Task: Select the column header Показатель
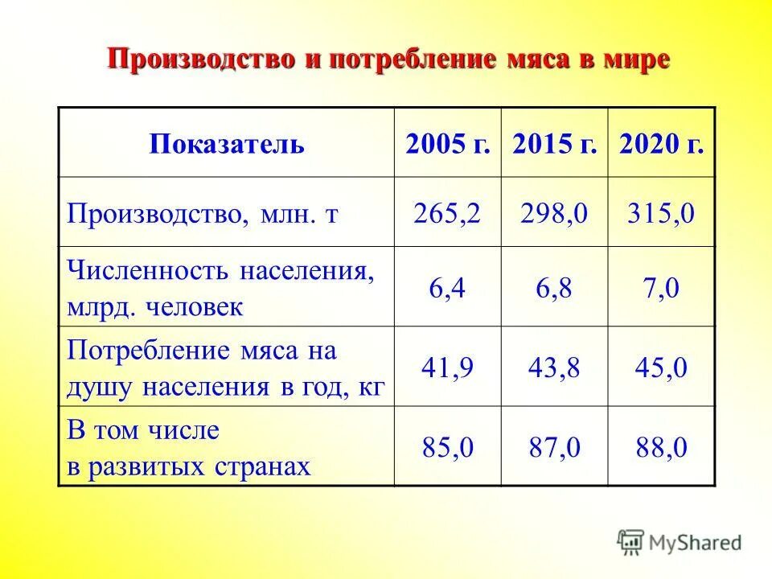[x=227, y=145]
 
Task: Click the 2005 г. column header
[x=448, y=145]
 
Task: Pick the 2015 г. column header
[x=554, y=145]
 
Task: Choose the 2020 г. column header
[x=661, y=145]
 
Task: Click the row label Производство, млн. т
[x=202, y=213]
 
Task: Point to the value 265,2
[x=448, y=213]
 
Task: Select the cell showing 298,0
[x=554, y=213]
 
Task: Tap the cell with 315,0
[x=661, y=213]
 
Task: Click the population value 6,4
[x=448, y=288]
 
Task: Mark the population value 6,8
[x=554, y=288]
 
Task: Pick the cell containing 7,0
[x=661, y=288]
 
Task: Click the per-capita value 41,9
[x=448, y=368]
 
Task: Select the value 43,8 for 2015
[x=554, y=368]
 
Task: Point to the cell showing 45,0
[x=661, y=368]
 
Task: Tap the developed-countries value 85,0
[x=448, y=447]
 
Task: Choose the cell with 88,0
[x=661, y=447]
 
